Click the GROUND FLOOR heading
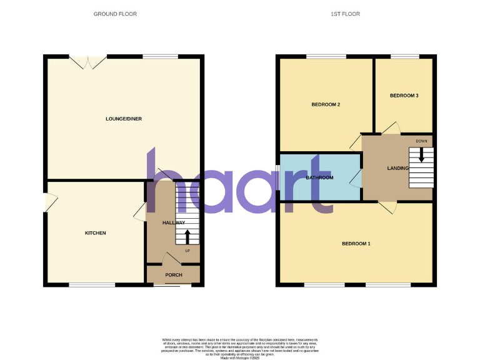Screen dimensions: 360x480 115,14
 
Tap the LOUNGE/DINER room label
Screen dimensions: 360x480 119,118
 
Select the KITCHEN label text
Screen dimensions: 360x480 96,233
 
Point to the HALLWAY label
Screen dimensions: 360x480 173,223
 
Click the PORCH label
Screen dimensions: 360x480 173,275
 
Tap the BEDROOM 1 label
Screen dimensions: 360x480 356,243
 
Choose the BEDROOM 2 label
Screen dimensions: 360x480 326,104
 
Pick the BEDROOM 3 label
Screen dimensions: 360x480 404,96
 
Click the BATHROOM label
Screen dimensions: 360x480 319,177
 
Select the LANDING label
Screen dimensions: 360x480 397,168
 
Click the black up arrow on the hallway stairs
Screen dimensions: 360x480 187,236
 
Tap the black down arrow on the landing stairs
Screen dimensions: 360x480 422,154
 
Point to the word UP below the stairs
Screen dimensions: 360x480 187,251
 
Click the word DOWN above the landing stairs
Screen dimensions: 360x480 422,141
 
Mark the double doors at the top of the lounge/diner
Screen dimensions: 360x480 88,61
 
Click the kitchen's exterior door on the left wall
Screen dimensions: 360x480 51,202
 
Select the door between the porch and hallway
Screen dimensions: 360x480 171,258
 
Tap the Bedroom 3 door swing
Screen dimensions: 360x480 391,127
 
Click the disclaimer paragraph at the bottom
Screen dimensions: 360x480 240,346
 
